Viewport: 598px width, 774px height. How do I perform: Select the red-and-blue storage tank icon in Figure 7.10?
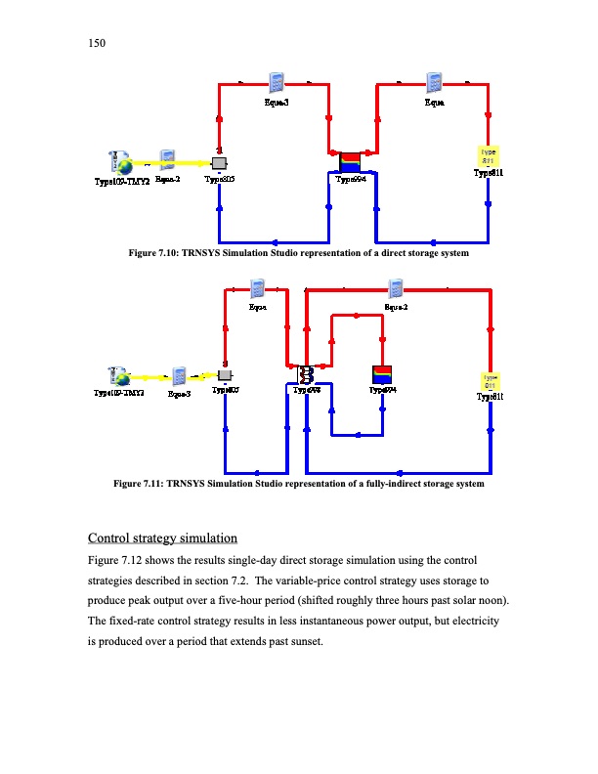(349, 161)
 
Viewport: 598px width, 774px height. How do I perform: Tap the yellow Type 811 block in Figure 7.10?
(487, 155)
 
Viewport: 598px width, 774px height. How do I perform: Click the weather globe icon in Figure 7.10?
(122, 161)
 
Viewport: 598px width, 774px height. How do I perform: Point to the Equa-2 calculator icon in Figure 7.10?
(167, 161)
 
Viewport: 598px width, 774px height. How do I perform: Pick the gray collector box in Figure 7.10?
(219, 162)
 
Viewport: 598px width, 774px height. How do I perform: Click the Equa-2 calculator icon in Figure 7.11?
(397, 289)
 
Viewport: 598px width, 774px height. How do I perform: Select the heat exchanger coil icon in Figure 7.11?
(306, 375)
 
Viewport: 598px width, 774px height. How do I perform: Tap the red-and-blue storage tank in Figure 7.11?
(382, 374)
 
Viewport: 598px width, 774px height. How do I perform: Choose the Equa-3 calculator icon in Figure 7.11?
(180, 376)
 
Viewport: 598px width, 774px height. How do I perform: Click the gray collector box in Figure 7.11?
(225, 375)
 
